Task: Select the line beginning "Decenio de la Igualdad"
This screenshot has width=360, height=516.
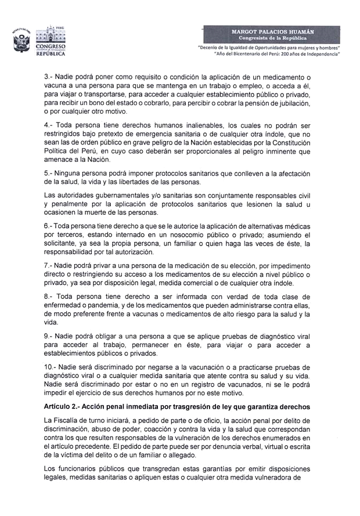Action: tap(269, 46)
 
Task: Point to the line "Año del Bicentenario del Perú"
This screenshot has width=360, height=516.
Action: tap(277, 53)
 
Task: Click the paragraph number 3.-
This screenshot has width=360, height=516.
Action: tap(50, 77)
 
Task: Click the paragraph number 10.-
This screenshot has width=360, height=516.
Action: tap(52, 368)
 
